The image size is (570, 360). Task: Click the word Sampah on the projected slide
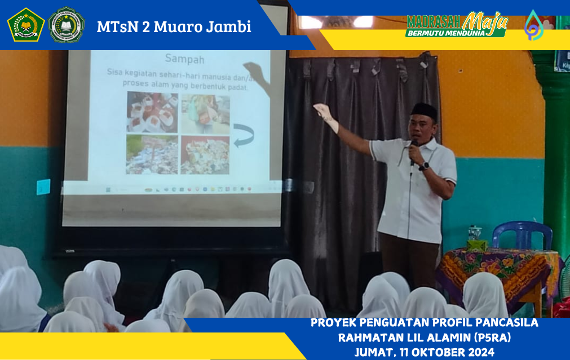(x=184, y=59)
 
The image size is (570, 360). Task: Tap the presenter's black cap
(x=424, y=110)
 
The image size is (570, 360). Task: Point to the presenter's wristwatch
(x=424, y=166)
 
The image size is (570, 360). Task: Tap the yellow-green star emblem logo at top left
(x=25, y=25)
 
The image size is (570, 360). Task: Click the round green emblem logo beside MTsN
(x=66, y=25)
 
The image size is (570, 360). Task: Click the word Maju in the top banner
(x=484, y=21)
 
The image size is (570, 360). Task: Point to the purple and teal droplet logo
(x=533, y=26)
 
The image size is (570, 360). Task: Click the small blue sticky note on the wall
(x=43, y=186)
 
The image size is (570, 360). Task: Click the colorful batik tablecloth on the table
(x=496, y=270)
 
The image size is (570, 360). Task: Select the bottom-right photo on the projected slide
(x=205, y=154)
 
